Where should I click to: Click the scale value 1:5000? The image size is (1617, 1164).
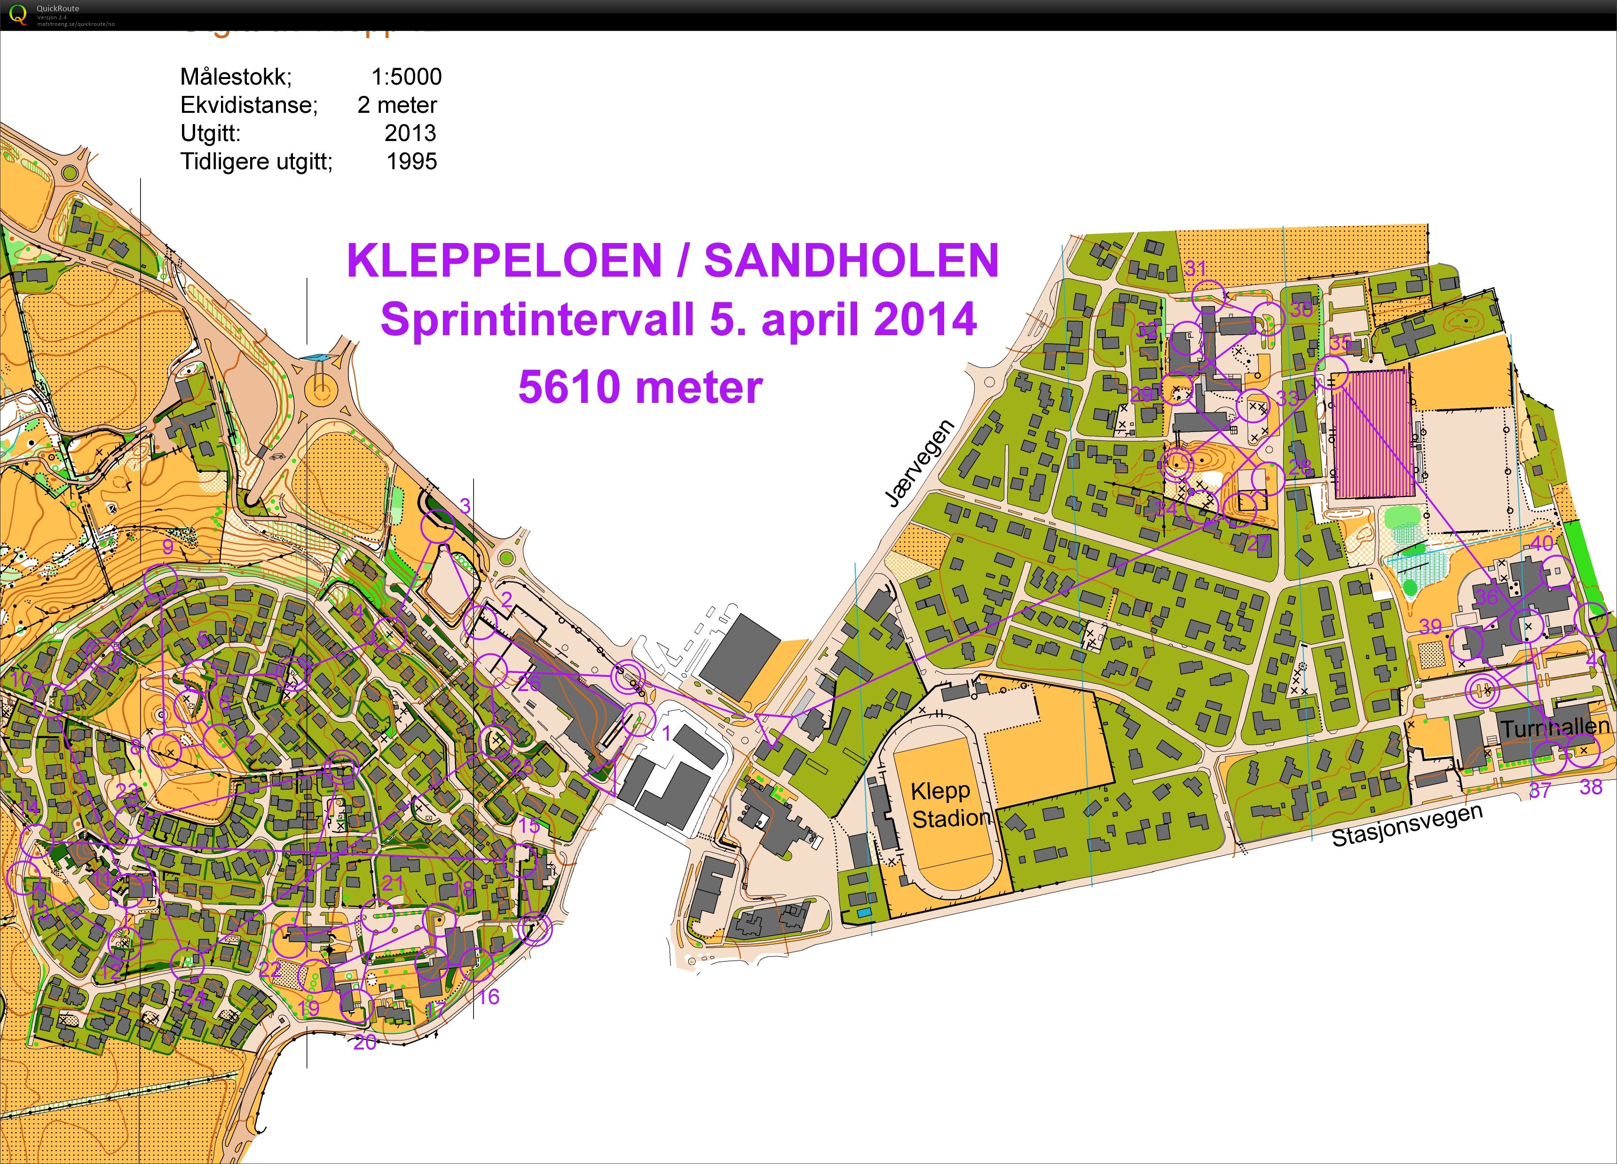(x=406, y=76)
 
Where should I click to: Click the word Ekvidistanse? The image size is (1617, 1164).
(x=248, y=105)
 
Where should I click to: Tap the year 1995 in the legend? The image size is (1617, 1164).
(x=411, y=161)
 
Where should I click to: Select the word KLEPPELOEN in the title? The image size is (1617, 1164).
(x=504, y=261)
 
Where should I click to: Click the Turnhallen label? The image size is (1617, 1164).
(x=1555, y=728)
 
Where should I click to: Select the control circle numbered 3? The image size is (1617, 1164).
(x=438, y=528)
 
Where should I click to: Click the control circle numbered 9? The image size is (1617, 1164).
(x=161, y=580)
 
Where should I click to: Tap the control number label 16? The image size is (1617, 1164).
(x=489, y=997)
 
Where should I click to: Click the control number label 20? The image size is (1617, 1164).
(x=365, y=1042)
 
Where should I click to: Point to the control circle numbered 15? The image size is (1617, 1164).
(x=521, y=862)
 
